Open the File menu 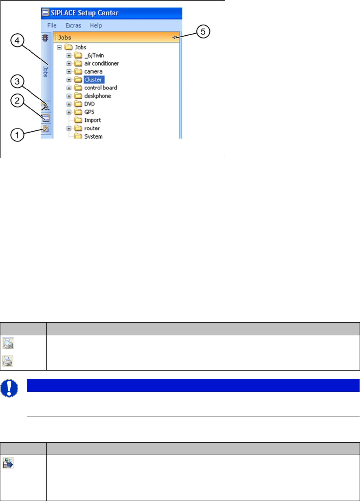click(x=52, y=25)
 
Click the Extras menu click(x=73, y=25)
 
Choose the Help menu click(x=96, y=25)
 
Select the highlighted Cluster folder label click(x=93, y=80)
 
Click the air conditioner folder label click(x=101, y=63)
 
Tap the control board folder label click(x=101, y=88)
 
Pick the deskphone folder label click(x=98, y=96)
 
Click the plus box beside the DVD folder click(x=69, y=104)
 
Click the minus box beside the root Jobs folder click(x=59, y=47)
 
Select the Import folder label click(x=92, y=120)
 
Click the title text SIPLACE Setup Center click(x=85, y=13)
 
